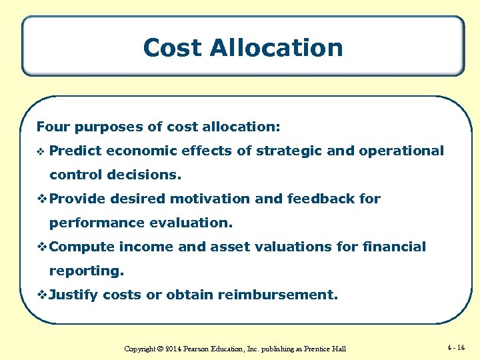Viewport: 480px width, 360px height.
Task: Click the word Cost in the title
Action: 172,47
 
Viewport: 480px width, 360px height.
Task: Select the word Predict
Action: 75,151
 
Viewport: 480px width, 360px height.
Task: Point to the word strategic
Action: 289,151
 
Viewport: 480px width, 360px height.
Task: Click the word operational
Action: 401,151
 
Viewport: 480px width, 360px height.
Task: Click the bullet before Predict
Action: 41,151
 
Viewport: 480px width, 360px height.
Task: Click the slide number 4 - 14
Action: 457,347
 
